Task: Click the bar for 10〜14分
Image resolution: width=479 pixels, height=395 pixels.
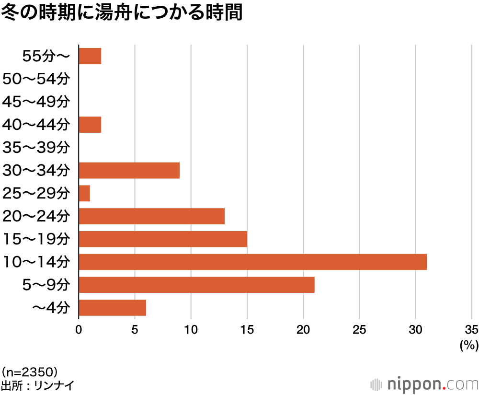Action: coord(252,262)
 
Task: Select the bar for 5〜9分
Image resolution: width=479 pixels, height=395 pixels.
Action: coord(196,285)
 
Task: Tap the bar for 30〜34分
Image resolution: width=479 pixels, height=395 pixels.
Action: coord(129,171)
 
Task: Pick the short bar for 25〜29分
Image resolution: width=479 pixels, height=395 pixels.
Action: coord(84,194)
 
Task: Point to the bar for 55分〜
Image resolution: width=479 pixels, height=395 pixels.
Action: coord(90,57)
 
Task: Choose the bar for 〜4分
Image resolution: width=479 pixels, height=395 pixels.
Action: coord(112,308)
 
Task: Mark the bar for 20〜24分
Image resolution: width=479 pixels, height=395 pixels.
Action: coord(151,216)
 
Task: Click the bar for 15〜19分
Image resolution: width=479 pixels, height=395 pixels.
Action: coord(163,239)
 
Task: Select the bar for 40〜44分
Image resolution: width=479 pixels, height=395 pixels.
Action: coord(90,125)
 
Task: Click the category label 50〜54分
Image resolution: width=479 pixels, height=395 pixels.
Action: coord(36,79)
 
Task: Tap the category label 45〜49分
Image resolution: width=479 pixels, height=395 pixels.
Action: coord(36,102)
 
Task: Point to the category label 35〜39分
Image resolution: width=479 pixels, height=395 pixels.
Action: coord(36,148)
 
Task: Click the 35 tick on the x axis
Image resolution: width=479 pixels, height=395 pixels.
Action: coord(471,329)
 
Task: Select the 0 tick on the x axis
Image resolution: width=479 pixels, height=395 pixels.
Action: coord(79,329)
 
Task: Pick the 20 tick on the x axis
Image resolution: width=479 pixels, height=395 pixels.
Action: coord(303,329)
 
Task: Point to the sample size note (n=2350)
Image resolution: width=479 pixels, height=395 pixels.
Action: coord(30,372)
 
